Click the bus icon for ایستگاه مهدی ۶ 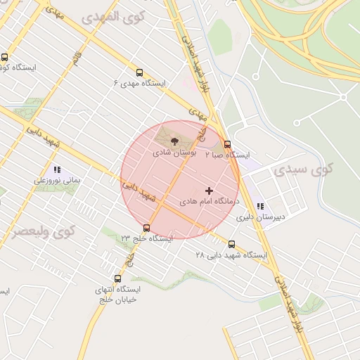[139, 72]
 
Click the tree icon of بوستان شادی [176, 142]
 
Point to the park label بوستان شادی [171, 152]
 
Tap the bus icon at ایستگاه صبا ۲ [226, 143]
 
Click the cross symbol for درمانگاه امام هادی [209, 191]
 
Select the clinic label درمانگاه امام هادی [209, 201]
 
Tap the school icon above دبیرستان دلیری [260, 207]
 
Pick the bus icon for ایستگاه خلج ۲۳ [146, 228]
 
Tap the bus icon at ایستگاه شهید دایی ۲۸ [231, 244]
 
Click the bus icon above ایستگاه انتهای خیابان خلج [117, 278]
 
